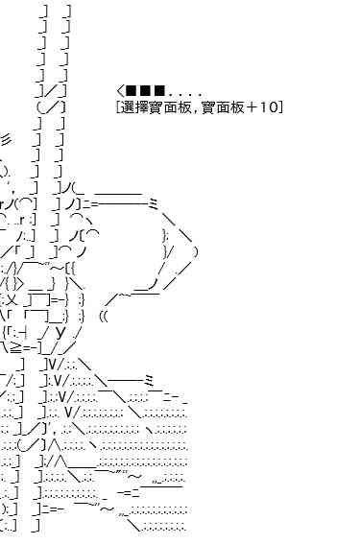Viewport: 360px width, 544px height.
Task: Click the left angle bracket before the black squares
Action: pos(120,91)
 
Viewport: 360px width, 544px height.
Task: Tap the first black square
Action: pos(131,91)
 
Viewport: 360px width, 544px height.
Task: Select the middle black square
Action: pos(145,91)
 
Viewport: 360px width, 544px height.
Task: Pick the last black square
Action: pos(159,91)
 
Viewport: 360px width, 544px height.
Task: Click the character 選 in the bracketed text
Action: pos(128,107)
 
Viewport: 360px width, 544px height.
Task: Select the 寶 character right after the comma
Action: pos(207,107)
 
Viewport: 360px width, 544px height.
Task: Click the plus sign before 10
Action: pos(250,107)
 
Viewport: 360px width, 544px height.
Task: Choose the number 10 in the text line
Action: pos(268,107)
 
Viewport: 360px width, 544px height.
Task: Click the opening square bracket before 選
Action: pos(119,107)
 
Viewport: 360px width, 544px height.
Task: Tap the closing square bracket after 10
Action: pos(280,107)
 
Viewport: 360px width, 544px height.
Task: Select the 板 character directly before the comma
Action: pos(184,107)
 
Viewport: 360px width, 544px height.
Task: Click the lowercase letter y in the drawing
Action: pos(60,332)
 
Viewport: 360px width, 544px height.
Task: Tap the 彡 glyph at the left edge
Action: pos(7,139)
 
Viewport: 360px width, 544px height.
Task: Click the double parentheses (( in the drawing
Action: pos(104,317)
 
